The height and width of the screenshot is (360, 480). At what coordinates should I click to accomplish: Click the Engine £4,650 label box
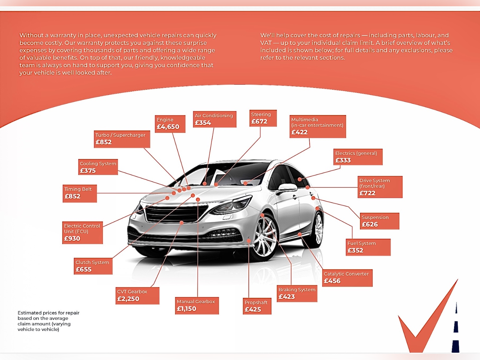tap(170, 124)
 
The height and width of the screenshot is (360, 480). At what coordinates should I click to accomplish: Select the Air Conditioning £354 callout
tap(214, 119)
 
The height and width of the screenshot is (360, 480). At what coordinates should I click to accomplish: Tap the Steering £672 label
tap(263, 118)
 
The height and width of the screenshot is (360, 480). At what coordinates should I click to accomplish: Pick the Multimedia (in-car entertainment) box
tap(318, 127)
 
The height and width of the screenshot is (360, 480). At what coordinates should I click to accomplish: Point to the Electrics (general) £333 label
tap(358, 157)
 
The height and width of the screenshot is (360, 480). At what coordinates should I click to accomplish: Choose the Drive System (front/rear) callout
tap(380, 187)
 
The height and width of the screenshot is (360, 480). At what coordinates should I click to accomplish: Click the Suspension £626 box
tap(380, 221)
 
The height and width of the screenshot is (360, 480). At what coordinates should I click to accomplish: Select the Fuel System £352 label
tap(368, 247)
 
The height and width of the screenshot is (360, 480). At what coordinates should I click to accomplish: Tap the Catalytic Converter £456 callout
tap(347, 278)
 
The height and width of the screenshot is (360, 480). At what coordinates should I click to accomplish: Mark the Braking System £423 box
tap(297, 293)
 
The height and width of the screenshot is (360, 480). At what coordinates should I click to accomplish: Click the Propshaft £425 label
tap(257, 306)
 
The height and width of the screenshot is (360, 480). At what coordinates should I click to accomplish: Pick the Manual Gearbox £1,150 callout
tap(197, 306)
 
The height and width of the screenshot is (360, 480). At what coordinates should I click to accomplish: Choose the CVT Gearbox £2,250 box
tap(137, 296)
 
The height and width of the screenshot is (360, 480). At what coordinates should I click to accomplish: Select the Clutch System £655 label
tap(93, 266)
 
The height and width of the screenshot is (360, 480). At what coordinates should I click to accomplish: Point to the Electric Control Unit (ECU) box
tap(82, 232)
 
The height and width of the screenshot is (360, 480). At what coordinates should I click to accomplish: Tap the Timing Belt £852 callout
tap(80, 194)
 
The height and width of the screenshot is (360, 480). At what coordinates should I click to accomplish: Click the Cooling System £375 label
tap(98, 167)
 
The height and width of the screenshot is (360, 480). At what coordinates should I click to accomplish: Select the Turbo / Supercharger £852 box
tap(122, 139)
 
